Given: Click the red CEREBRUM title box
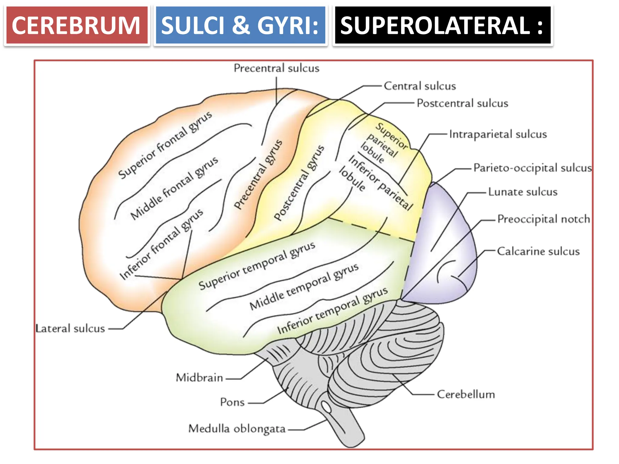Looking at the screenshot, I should point(77,25).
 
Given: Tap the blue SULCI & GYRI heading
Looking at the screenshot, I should point(240,25).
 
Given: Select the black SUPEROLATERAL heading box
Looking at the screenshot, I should point(442,25).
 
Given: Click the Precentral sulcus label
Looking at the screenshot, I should point(276,68).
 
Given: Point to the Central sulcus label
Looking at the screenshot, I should point(420,86).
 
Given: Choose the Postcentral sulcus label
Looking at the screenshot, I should point(462,103).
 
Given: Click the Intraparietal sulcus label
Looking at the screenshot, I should point(498,134).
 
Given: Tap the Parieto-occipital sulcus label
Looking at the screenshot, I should point(532,168).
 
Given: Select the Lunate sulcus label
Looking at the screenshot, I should point(523,192).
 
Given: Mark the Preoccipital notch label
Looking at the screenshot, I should point(543,219).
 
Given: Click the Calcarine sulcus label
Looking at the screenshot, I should point(538,251).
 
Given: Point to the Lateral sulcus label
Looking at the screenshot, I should point(70,329).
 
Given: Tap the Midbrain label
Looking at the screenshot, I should point(199,378).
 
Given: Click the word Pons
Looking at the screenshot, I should point(232,402).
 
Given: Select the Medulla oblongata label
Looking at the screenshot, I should point(237,429).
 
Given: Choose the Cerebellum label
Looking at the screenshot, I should point(466,395).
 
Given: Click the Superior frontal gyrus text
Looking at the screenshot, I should point(165,145).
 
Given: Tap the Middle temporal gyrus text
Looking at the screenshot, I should point(304,286).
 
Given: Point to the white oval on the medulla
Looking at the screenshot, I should point(326,407).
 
